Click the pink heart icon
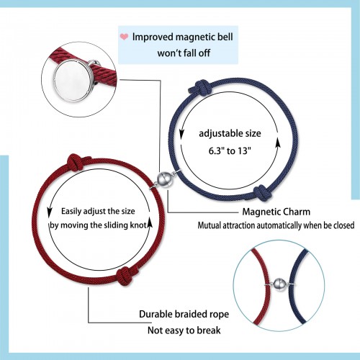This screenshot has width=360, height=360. [x=124, y=37]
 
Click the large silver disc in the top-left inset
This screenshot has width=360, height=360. [x=72, y=81]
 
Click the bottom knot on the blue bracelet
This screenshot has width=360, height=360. [x=263, y=193]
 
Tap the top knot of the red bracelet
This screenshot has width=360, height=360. [x=77, y=162]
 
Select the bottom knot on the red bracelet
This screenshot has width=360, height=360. [x=126, y=275]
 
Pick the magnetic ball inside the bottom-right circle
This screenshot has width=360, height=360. [x=279, y=284]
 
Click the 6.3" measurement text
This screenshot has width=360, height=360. [x=217, y=151]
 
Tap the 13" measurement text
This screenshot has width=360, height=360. [x=244, y=151]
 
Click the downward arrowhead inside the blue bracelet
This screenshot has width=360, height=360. [x=182, y=134]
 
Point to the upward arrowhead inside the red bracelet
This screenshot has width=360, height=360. [x=150, y=222]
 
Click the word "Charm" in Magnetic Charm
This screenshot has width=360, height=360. [x=297, y=212]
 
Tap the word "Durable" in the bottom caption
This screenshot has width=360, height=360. [x=156, y=314]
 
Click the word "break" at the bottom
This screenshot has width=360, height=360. [x=208, y=330]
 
